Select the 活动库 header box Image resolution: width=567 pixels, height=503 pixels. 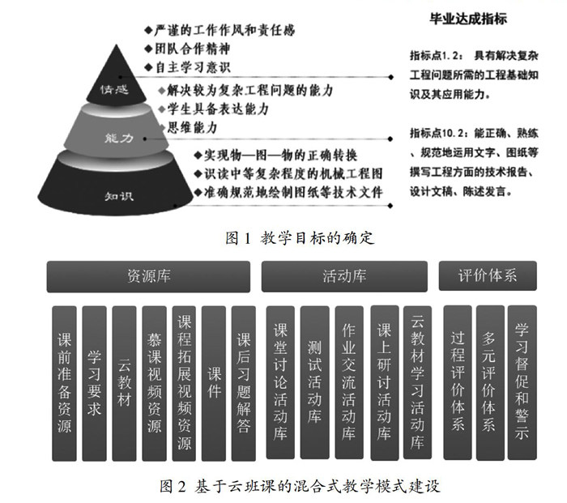click(x=344, y=276)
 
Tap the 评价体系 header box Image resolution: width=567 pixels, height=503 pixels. click(x=488, y=276)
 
